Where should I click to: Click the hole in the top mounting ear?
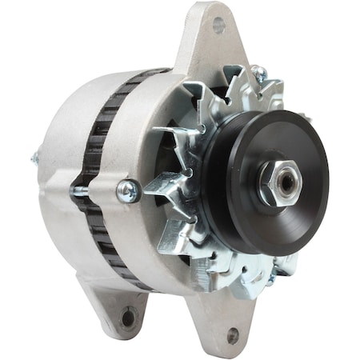click(218, 25)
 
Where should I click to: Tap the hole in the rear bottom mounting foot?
click(128, 318)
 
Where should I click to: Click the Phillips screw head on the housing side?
click(128, 190)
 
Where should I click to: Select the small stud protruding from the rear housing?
click(34, 158)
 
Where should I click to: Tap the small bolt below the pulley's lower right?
click(272, 278)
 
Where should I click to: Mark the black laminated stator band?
click(100, 160)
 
